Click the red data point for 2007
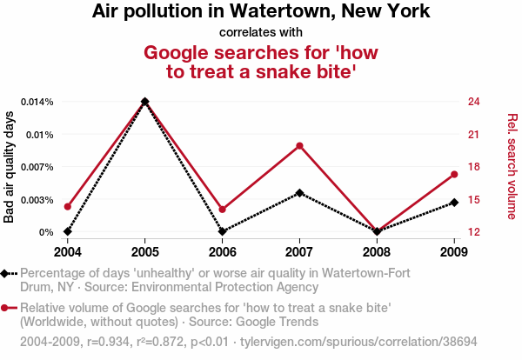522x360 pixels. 299,145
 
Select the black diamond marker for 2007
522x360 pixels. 299,192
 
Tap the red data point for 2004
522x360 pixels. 67,206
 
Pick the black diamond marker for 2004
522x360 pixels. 67,231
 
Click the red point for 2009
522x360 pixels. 454,175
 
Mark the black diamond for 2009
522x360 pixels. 454,203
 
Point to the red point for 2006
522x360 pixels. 222,210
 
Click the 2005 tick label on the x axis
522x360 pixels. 144,251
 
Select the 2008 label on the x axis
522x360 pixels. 377,251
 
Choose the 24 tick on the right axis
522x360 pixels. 474,102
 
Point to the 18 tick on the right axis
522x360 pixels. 474,167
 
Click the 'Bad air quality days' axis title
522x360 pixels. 10,166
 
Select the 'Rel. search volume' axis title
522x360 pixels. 512,166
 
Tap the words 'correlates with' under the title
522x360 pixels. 260,33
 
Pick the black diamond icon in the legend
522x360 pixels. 7,274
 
